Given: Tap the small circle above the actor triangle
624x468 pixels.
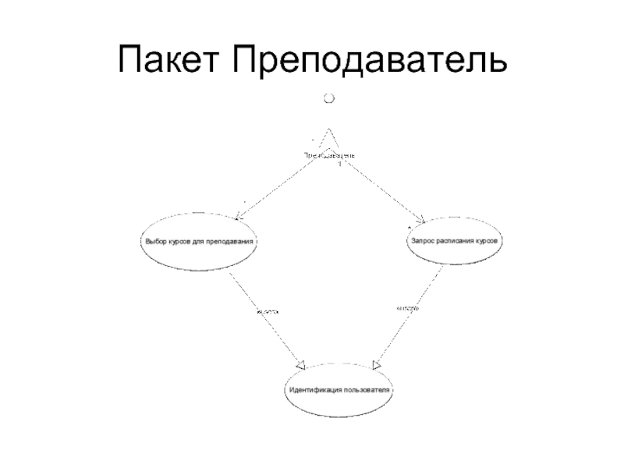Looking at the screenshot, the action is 329,98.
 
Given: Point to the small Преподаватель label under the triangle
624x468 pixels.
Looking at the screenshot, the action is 329,155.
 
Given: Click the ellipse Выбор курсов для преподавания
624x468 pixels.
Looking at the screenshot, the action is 200,241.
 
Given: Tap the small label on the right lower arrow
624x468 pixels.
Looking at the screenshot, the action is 407,309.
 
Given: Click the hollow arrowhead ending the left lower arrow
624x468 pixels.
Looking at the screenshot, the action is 300,363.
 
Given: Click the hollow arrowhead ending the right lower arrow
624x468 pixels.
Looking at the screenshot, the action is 377,363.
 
